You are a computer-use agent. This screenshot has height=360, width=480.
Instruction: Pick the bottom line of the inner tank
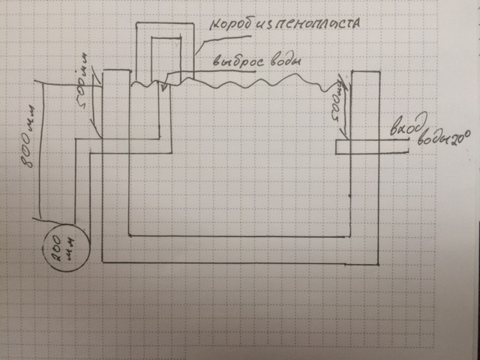(240, 235)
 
